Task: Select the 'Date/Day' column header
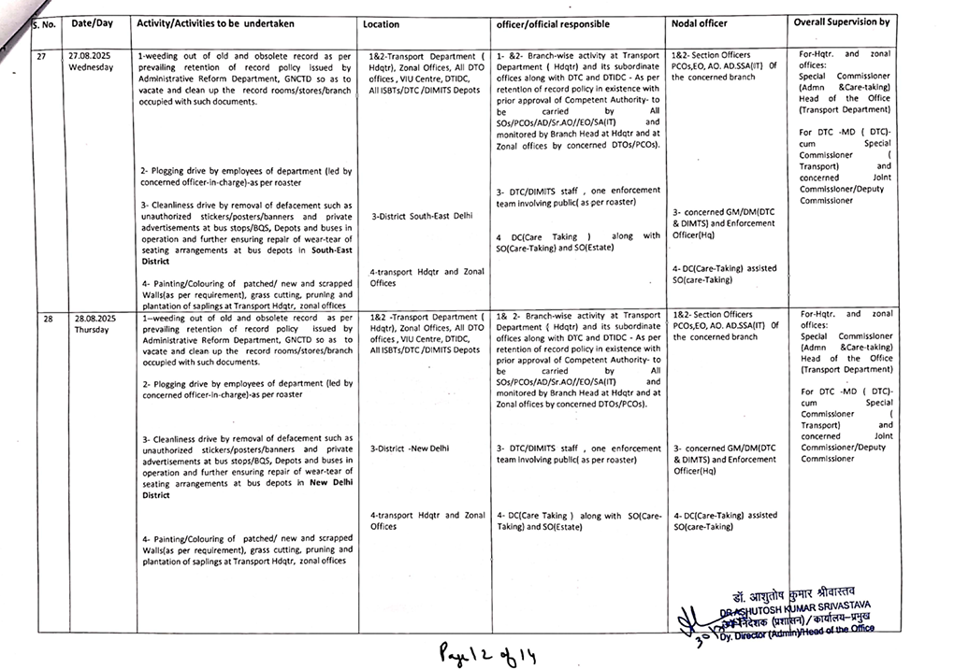click(x=93, y=22)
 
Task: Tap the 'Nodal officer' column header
click(x=699, y=21)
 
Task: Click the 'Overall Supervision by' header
click(x=841, y=21)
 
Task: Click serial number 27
click(x=41, y=56)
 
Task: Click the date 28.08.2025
click(x=94, y=319)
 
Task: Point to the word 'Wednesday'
click(x=91, y=67)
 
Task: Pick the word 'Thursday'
click(x=93, y=330)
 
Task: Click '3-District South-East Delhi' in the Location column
click(x=422, y=216)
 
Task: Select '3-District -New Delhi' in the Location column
click(x=410, y=448)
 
